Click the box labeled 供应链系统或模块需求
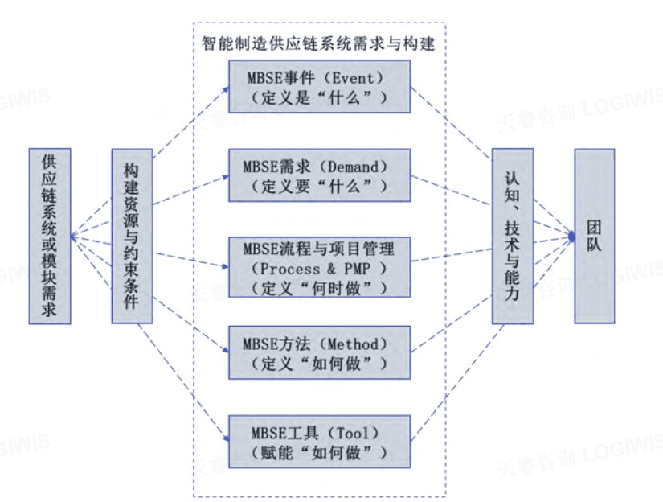[x=50, y=236]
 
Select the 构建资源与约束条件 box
[x=132, y=236]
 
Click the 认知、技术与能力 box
[x=513, y=236]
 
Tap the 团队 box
[x=594, y=236]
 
